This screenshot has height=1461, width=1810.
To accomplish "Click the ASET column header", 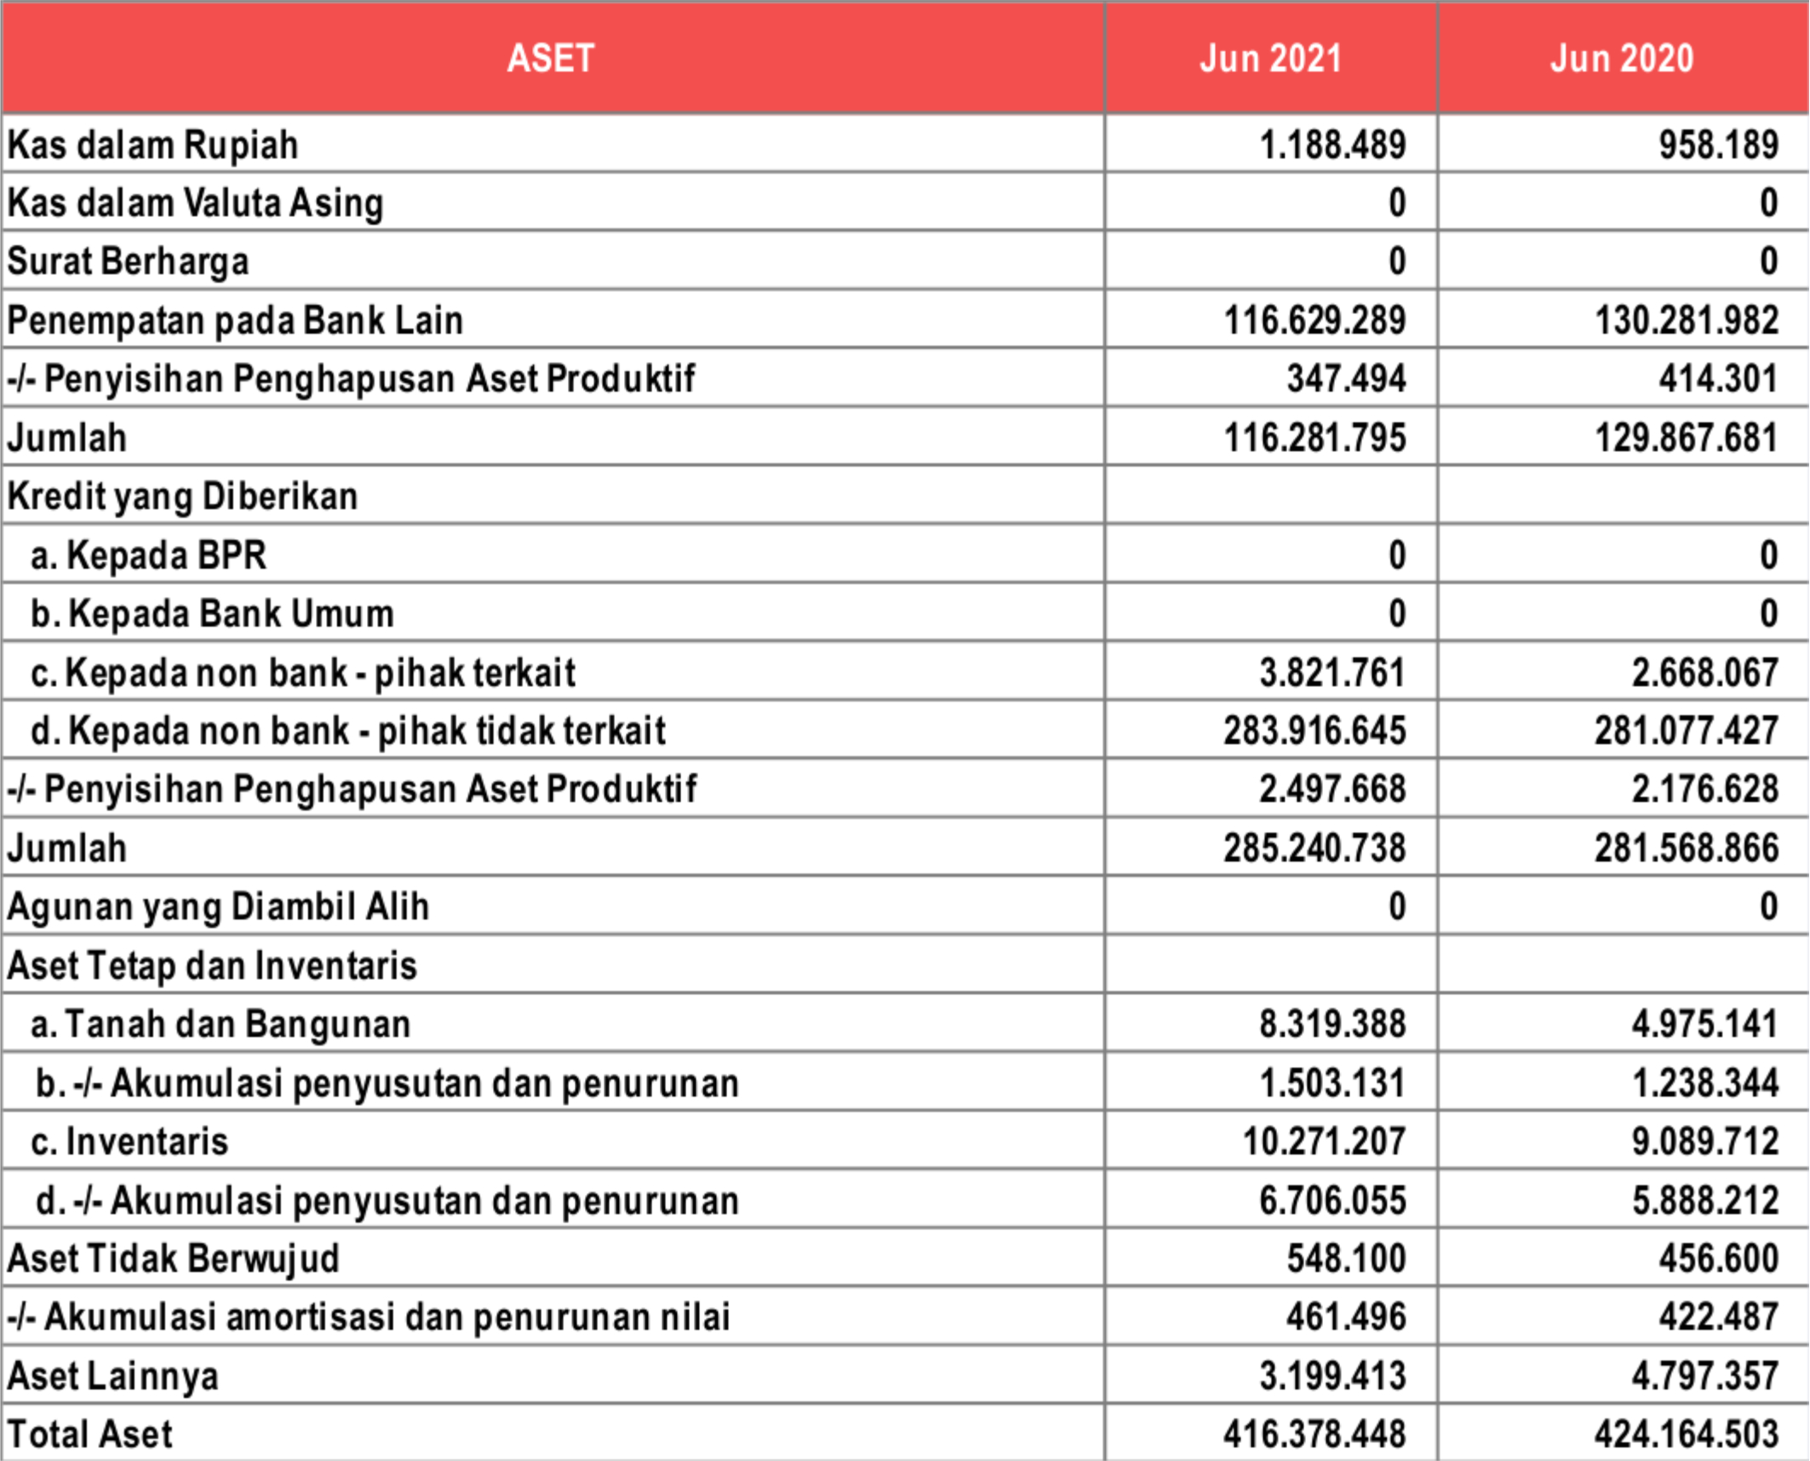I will click(551, 58).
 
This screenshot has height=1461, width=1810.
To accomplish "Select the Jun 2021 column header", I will click(1270, 58).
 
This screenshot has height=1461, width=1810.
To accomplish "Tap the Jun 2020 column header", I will click(1622, 58).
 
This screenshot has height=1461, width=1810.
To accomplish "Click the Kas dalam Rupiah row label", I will click(153, 145).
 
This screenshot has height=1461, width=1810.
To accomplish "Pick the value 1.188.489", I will click(1332, 145).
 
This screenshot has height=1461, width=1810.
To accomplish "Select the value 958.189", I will click(1718, 145).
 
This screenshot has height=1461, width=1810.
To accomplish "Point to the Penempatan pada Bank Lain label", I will click(235, 321).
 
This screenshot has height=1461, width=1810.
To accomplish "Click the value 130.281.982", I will click(1687, 321).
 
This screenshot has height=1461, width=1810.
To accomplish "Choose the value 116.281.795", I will click(1315, 438).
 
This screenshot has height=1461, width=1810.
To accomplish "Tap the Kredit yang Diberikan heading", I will click(182, 496).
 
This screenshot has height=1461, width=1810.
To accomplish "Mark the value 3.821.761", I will click(1332, 673).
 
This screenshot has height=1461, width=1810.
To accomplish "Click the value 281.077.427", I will click(1687, 730).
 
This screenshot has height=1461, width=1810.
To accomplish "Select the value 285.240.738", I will click(1315, 848).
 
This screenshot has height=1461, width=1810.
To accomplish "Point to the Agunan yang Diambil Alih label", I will click(218, 907).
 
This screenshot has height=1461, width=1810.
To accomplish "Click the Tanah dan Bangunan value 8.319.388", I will click(1332, 1024).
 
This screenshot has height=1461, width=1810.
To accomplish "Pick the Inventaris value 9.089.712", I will click(1704, 1141).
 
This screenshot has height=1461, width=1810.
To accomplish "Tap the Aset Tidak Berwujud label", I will click(173, 1258).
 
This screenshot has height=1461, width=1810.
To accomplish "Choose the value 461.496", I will click(1346, 1317).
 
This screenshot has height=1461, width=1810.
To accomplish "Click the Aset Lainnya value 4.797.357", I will click(1704, 1376).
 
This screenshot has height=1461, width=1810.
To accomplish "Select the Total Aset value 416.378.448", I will click(1315, 1435).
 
